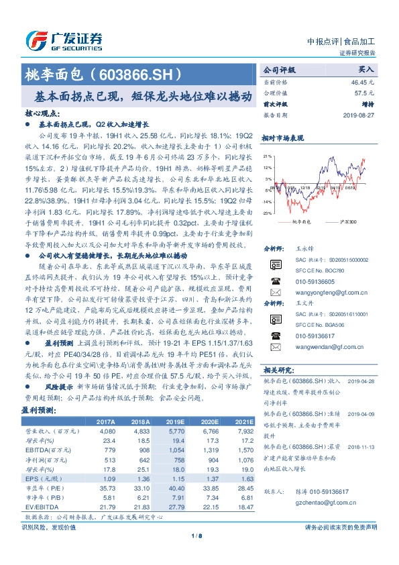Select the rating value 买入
click(365, 69)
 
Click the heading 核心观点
click(46, 115)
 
